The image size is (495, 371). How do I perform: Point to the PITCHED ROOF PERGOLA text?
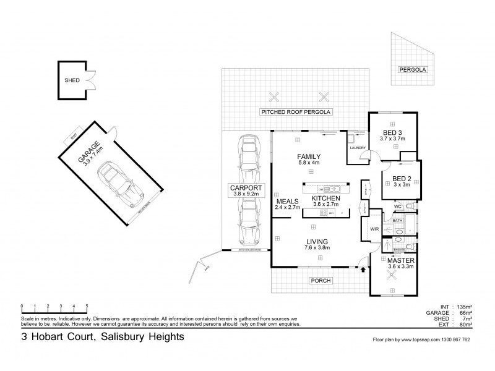point(297,112)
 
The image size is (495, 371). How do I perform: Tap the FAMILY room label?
point(308,156)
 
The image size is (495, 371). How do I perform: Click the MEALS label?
point(288,202)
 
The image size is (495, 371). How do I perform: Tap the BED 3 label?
point(392,133)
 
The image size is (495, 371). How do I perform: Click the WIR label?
point(374,229)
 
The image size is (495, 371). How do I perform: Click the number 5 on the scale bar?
point(87,306)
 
